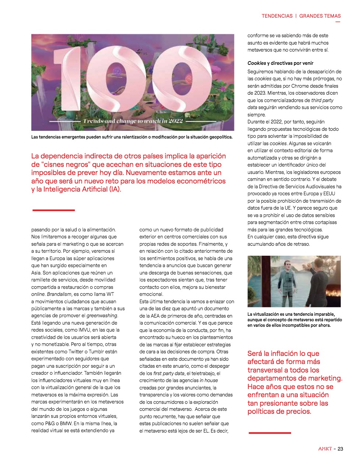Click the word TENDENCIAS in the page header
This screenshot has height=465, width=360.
click(277, 16)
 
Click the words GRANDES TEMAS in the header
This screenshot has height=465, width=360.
click(320, 16)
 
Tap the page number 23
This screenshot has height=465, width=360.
click(340, 449)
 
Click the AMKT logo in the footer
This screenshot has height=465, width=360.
click(325, 449)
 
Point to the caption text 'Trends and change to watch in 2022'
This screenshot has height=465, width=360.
click(133, 121)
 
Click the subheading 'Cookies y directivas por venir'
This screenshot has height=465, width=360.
click(280, 63)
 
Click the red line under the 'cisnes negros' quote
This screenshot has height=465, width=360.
click(54, 210)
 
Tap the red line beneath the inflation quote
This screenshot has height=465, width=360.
click(270, 433)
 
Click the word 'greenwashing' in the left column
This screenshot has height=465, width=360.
click(102, 315)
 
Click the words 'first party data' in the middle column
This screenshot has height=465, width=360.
click(168, 373)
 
